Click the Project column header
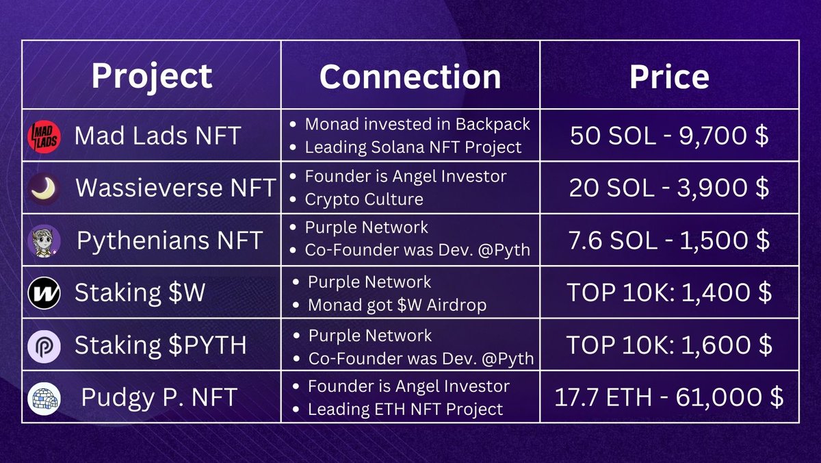point(152,77)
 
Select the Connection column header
point(410,77)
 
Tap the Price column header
point(669,77)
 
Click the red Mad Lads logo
point(44,136)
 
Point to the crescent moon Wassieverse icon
point(44,188)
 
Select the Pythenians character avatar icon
point(44,241)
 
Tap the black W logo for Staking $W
point(44,293)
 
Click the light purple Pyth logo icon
point(44,347)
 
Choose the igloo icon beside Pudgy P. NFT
point(44,399)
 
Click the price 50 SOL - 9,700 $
point(669,136)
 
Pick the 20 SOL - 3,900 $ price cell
point(669,188)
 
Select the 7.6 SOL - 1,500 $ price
point(669,240)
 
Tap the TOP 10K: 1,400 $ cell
point(669,292)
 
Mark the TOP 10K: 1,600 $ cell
point(669,345)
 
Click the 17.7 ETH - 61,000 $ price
point(669,397)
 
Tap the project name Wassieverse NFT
point(176,188)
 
